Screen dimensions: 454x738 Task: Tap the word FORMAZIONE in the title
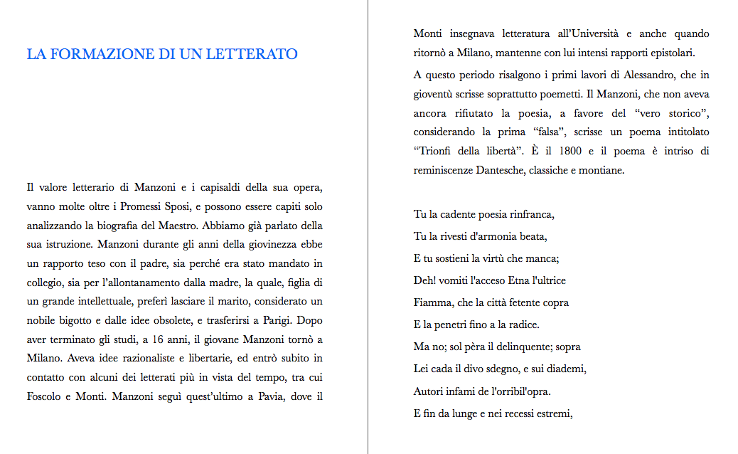(97, 55)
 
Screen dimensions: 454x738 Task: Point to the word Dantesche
(503, 170)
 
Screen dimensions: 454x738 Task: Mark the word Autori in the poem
(430, 391)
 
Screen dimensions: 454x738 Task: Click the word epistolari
(670, 53)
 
